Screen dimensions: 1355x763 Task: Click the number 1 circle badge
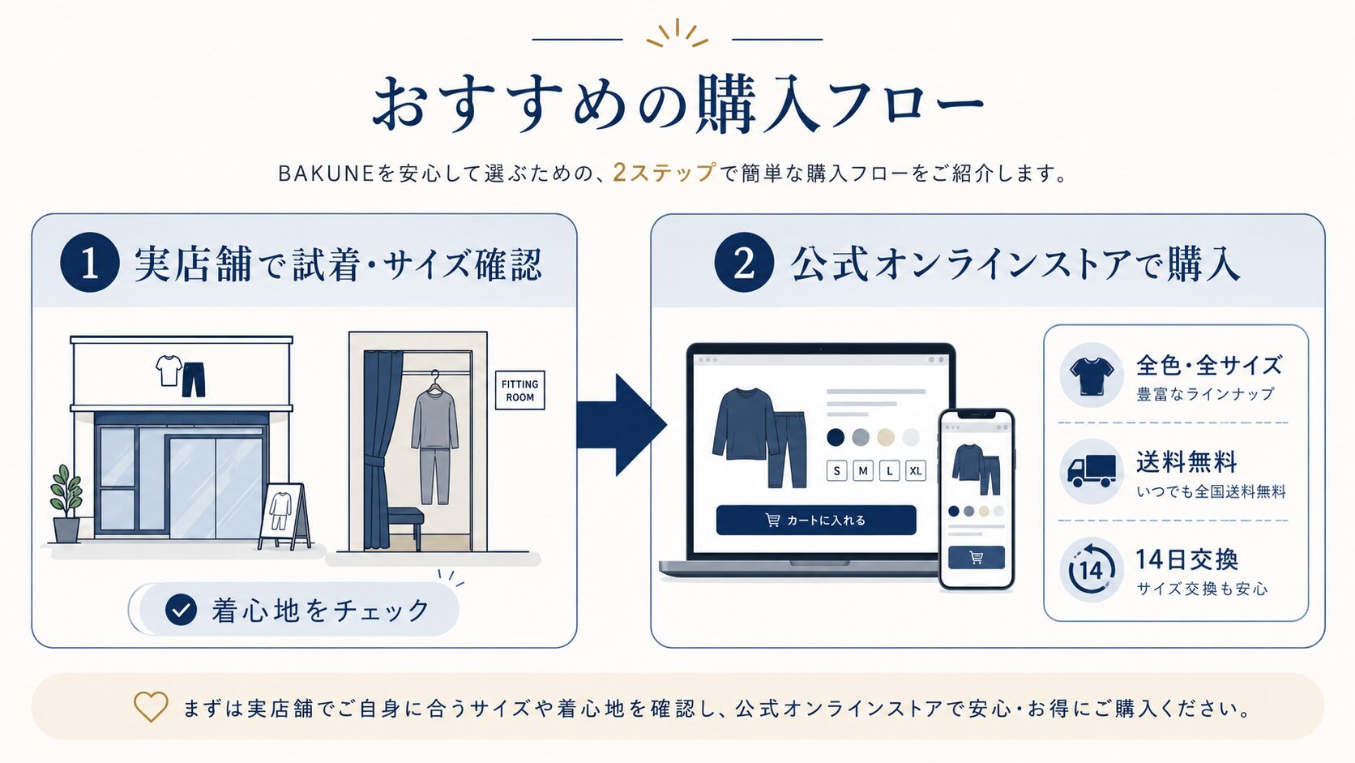89,263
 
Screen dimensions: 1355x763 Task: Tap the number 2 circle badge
743,263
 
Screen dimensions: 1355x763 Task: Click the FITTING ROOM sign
519,390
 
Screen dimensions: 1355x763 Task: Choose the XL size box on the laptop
915,471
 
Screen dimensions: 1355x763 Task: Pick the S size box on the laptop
836,471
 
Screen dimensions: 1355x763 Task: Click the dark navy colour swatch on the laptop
836,437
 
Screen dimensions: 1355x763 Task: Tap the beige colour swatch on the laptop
886,437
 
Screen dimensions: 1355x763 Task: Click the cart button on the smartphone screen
977,557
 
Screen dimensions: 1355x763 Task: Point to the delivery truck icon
1092,471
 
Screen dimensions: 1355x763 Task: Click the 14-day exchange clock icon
1092,568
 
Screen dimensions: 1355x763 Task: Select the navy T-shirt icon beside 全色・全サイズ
1092,375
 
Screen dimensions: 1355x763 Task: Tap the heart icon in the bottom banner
151,706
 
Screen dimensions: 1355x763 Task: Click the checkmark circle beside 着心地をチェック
181,609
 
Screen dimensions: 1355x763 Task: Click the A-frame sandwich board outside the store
284,517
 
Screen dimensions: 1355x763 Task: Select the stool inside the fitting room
404,528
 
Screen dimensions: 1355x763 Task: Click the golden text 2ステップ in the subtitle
665,173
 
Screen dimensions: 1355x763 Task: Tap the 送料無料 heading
1186,462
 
